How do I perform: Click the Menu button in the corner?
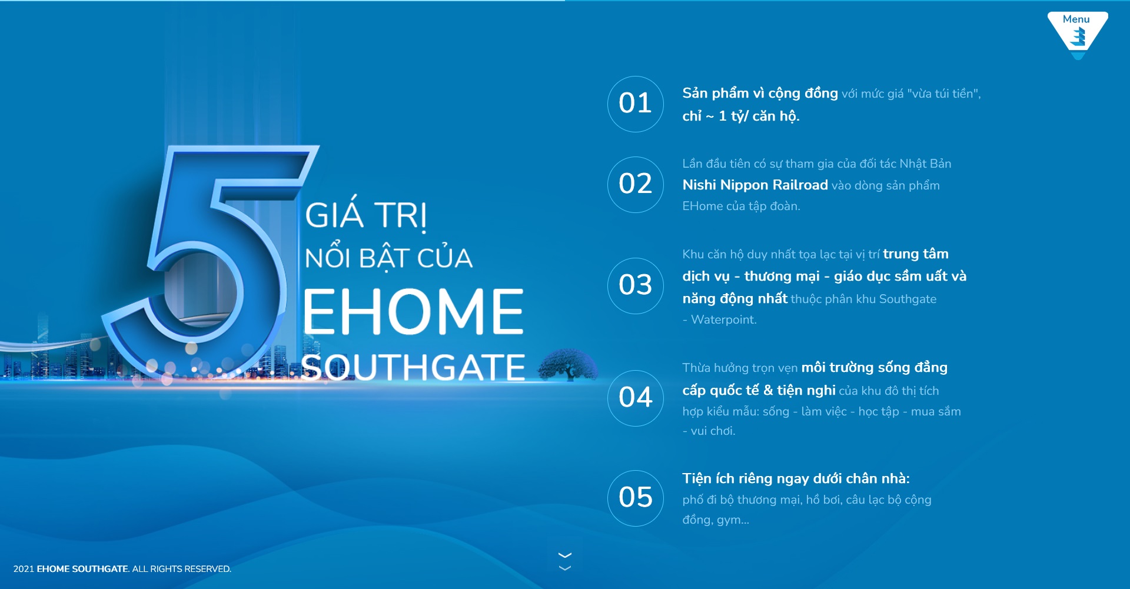tap(1077, 34)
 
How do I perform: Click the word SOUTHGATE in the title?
tap(413, 367)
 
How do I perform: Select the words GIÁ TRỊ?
tap(365, 215)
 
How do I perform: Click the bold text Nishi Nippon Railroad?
tap(755, 185)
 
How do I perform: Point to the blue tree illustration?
tap(568, 365)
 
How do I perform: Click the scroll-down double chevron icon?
tap(565, 561)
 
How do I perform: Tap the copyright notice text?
tap(122, 569)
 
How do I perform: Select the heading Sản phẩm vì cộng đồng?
tap(760, 94)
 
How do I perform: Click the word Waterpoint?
tap(724, 320)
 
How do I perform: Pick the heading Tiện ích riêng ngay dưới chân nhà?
tap(796, 479)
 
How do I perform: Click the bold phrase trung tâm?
tap(916, 254)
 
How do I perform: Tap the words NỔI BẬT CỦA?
tap(388, 258)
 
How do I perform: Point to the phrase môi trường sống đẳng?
tap(875, 368)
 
